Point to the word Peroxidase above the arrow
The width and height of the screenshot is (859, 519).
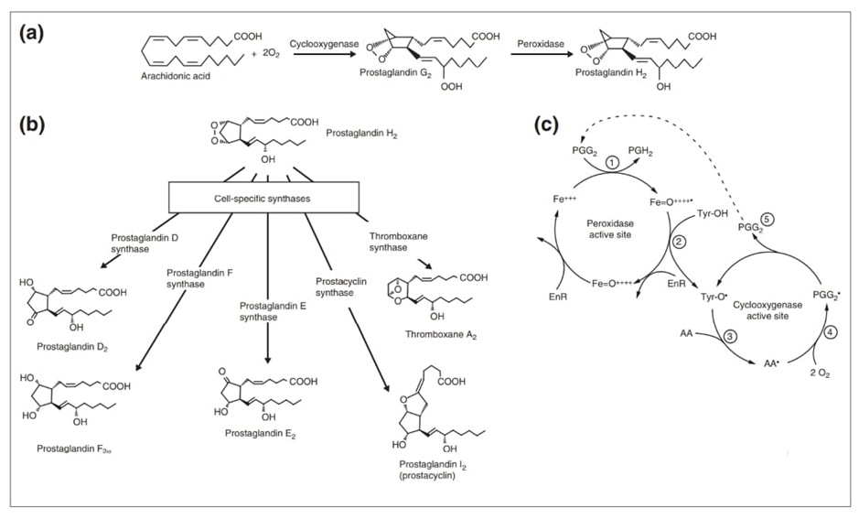pyautogui.click(x=538, y=42)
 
